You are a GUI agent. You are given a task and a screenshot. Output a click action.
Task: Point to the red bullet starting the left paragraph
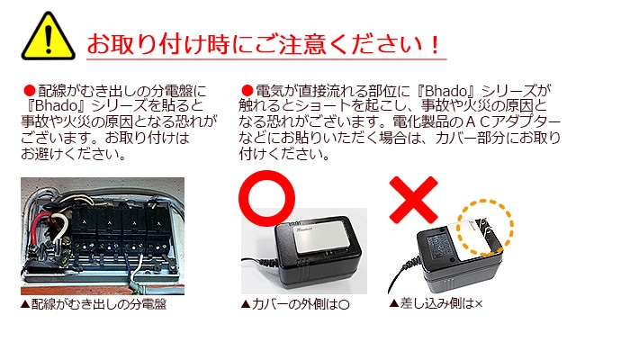click(29, 91)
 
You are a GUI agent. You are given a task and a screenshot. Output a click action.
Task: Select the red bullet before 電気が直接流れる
click(247, 91)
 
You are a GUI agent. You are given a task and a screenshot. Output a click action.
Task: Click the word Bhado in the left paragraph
click(58, 105)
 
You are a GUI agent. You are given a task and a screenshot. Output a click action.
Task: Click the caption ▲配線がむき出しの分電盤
click(94, 304)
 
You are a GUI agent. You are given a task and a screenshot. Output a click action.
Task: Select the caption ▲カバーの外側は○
click(294, 305)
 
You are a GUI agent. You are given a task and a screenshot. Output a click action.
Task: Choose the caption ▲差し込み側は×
click(436, 303)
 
